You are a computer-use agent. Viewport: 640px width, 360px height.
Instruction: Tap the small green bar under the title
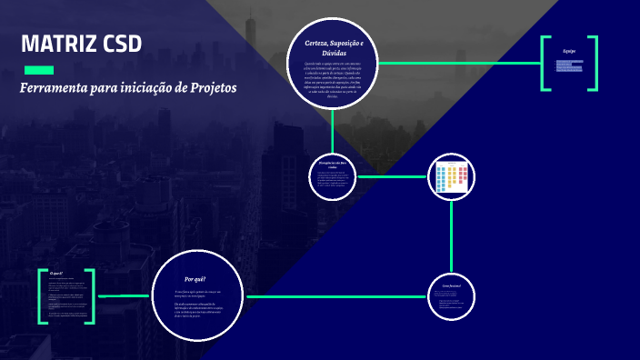point(38,70)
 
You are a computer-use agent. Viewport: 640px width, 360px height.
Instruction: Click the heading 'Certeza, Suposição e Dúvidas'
point(334,48)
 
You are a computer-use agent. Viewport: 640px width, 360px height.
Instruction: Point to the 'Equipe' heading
point(569,51)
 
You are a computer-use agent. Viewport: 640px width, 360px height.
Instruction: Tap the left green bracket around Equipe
point(544,63)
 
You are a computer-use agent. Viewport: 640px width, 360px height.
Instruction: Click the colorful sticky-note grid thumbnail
point(451,177)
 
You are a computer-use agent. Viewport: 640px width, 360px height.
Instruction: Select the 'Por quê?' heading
point(195,279)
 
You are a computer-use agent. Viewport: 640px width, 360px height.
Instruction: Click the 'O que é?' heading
point(56,273)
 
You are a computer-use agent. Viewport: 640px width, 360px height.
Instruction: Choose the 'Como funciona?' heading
point(451,286)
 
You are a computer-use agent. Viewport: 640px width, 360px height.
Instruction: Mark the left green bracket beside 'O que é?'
point(41,296)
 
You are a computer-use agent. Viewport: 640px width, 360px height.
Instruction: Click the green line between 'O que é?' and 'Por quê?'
point(124,295)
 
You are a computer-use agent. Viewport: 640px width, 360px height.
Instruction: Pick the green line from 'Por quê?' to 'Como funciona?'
point(336,296)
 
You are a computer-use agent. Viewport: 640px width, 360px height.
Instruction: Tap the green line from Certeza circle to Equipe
point(459,63)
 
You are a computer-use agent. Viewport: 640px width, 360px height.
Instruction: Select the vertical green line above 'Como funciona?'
point(451,236)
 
